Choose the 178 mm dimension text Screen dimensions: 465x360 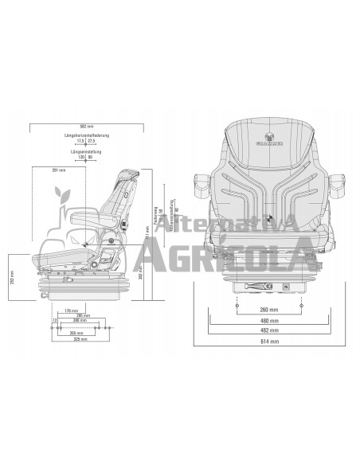(69, 311)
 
